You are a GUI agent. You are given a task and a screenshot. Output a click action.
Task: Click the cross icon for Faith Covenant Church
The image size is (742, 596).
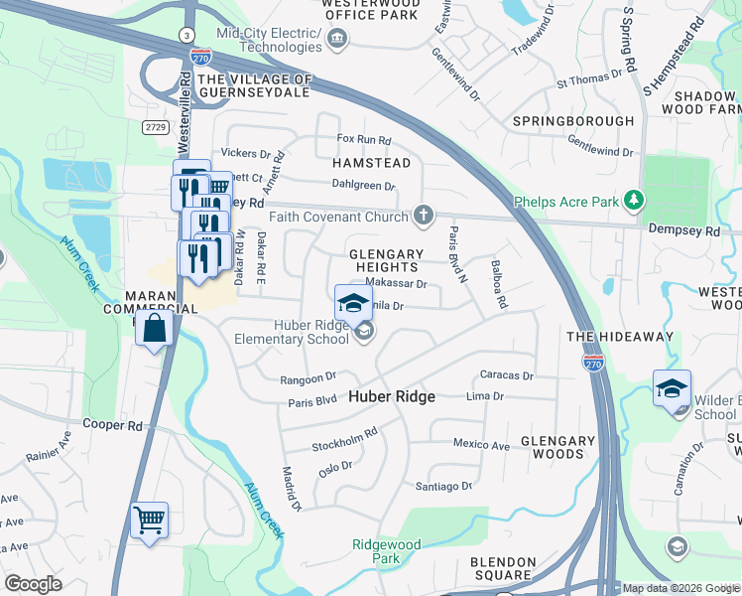coord(424,216)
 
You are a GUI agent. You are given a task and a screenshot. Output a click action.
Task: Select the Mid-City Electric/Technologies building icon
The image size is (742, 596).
coord(336,39)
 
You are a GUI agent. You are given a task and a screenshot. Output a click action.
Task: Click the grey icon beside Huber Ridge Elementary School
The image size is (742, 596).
coord(363,333)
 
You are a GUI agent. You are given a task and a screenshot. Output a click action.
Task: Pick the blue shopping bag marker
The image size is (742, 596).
coord(156,329)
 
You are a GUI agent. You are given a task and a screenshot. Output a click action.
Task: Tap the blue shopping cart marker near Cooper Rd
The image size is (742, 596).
coord(149,520)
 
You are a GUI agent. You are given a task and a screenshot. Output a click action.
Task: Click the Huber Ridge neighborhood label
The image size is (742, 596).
coord(392,396)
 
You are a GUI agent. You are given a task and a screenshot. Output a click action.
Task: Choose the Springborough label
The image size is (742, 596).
coord(572,121)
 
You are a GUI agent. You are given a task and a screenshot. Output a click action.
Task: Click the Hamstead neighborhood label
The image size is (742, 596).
coord(371,162)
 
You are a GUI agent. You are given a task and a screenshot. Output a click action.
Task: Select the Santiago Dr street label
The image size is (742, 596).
coord(443,486)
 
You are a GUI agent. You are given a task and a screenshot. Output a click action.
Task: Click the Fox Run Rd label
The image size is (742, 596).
coord(364,140)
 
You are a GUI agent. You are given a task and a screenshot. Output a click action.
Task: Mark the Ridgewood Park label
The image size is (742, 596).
coord(386,551)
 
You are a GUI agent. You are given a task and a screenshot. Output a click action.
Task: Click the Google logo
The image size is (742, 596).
coord(33,584)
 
